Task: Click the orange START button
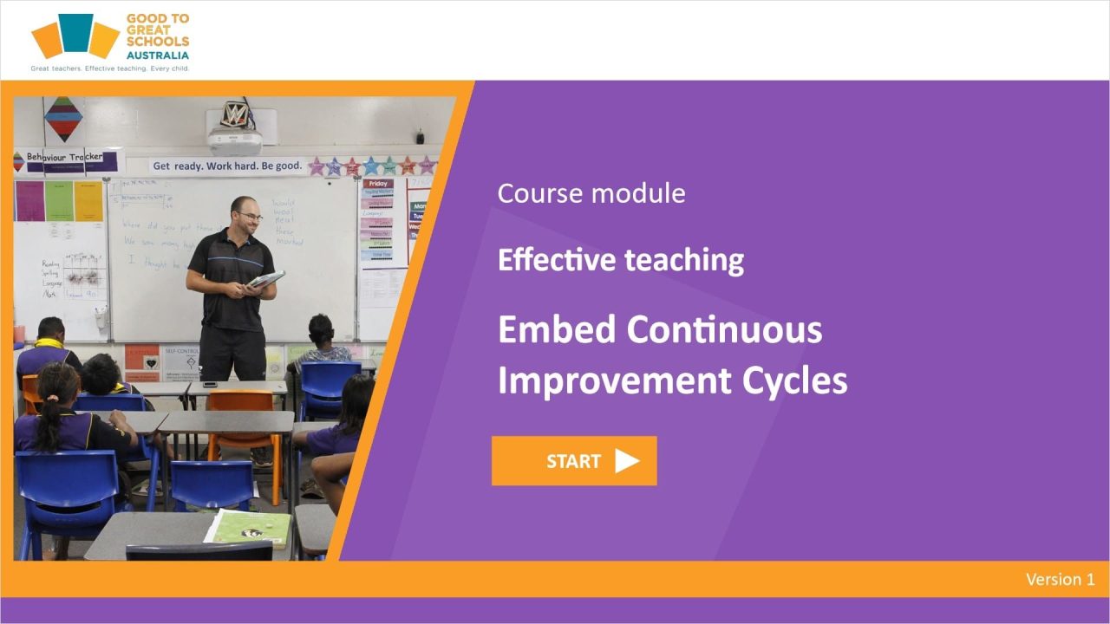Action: (573, 461)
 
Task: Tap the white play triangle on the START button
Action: (626, 461)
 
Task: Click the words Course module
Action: (591, 192)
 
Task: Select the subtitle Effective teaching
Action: (620, 260)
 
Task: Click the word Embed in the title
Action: (555, 329)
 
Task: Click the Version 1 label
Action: (1060, 580)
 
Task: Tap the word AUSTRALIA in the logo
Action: (157, 55)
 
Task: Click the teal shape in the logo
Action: (76, 32)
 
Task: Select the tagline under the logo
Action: (109, 68)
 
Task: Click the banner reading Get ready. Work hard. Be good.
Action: (227, 166)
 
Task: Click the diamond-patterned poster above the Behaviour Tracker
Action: (63, 119)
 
